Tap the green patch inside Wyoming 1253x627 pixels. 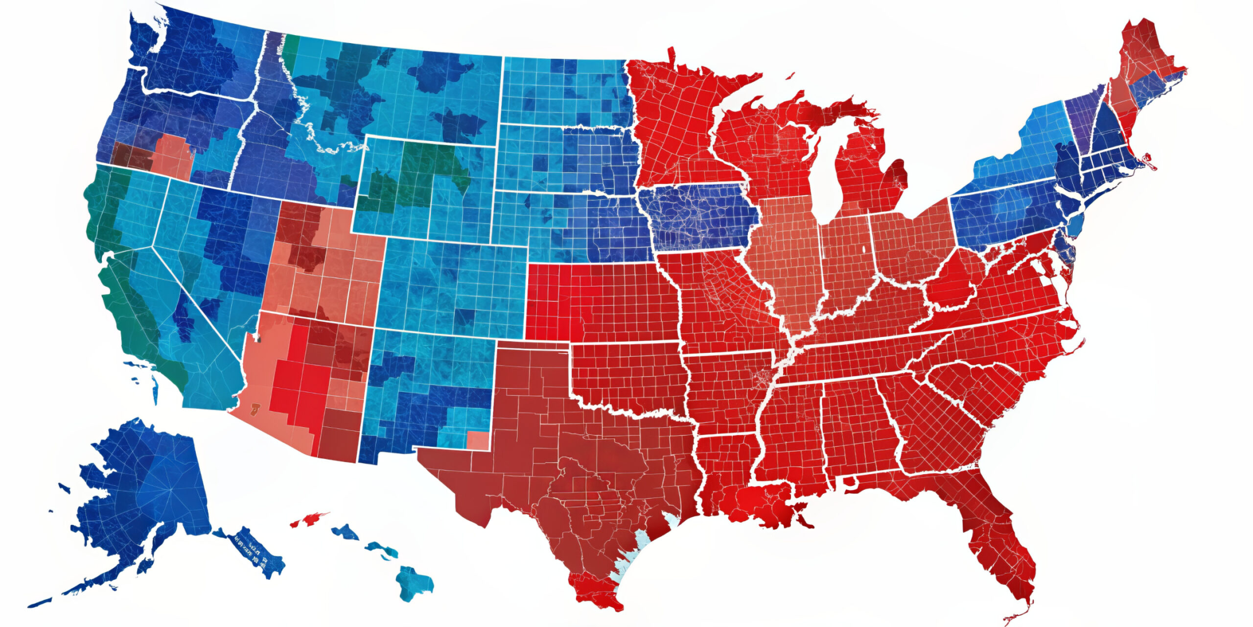(x=421, y=171)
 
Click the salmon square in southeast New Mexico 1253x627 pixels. (x=478, y=440)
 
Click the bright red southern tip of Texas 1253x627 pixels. (x=595, y=590)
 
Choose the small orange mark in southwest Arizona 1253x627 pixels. (x=255, y=408)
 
